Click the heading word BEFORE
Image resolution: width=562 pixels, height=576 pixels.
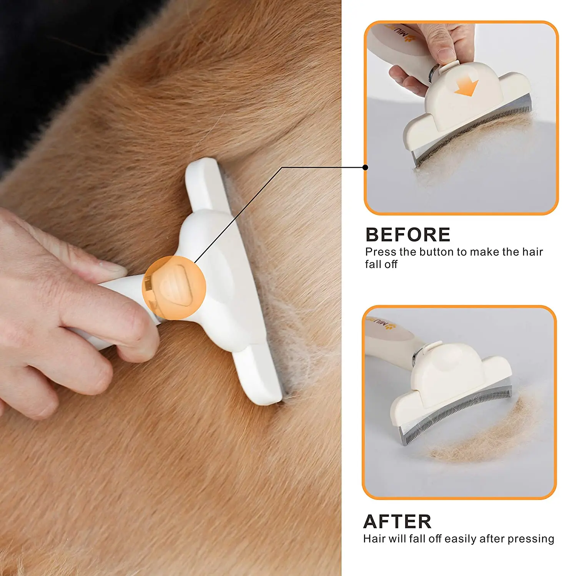coord(407,235)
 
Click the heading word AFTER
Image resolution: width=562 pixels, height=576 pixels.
coord(397,521)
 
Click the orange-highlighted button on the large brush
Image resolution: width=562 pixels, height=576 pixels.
coord(175,287)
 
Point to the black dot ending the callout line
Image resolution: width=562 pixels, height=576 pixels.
coord(365,167)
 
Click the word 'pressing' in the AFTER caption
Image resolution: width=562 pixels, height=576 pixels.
coord(532,539)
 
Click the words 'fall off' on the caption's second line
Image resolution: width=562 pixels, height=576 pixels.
coord(381,264)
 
